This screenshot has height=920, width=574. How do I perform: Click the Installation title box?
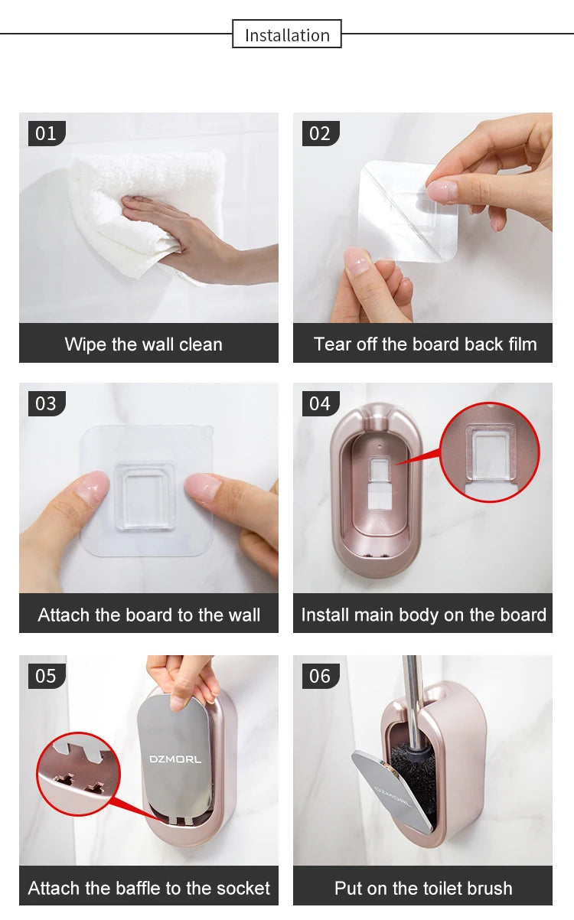point(287,34)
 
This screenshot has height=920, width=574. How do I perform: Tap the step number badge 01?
point(47,133)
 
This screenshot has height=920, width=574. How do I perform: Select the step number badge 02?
point(320,133)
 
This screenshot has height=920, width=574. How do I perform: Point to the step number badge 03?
point(47,403)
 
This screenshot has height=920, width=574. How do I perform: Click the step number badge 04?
point(320,403)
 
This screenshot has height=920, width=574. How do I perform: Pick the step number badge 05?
point(47,676)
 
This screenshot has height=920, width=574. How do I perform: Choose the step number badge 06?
point(320,676)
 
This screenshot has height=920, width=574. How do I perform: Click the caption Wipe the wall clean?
point(144,344)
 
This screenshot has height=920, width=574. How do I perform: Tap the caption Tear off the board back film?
point(425,344)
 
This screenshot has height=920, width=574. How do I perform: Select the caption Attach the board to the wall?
point(149,615)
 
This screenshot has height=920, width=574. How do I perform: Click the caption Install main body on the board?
point(423,615)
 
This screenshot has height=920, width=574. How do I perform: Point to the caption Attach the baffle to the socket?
point(149,888)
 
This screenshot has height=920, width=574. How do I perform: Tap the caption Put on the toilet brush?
point(423,888)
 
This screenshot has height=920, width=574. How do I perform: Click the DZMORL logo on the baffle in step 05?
point(175,759)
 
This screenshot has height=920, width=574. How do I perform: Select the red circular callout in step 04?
point(490,452)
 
